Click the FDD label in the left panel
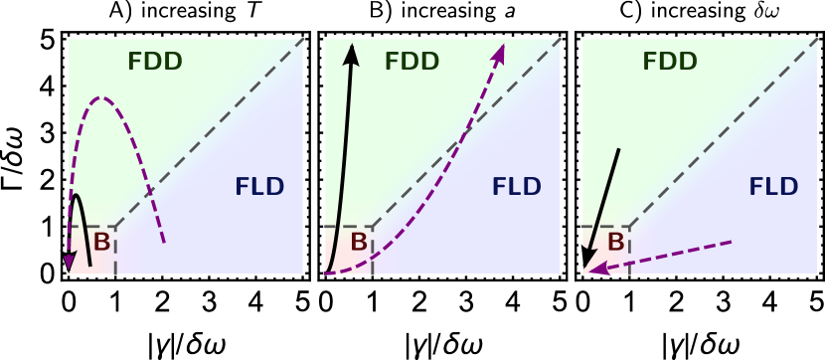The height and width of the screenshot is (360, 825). pyautogui.click(x=155, y=62)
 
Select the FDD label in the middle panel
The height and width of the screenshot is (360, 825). pyautogui.click(x=412, y=62)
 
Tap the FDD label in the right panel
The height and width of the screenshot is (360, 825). pyautogui.click(x=669, y=62)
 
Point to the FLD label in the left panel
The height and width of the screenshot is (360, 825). pyautogui.click(x=259, y=187)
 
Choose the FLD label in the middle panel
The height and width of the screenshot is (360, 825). pyautogui.click(x=517, y=187)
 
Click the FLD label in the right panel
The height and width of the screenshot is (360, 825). pyautogui.click(x=773, y=187)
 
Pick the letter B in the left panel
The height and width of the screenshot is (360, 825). pyautogui.click(x=101, y=243)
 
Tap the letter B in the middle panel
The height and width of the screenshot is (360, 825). pyautogui.click(x=359, y=243)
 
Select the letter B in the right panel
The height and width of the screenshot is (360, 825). pyautogui.click(x=615, y=243)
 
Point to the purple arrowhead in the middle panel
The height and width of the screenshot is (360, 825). pyautogui.click(x=499, y=53)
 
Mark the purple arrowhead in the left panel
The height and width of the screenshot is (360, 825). pyautogui.click(x=70, y=262)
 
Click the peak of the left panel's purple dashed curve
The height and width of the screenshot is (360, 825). pyautogui.click(x=99, y=97)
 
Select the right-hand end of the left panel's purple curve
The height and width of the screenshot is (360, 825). pyautogui.click(x=164, y=242)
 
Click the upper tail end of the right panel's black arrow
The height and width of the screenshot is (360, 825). pyautogui.click(x=618, y=149)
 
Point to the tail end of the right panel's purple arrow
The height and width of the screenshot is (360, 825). pyautogui.click(x=732, y=242)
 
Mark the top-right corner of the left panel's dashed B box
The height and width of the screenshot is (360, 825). pyautogui.click(x=115, y=227)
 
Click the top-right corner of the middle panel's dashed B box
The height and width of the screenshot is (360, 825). pyautogui.click(x=372, y=227)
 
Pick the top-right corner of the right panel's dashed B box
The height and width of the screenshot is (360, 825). pyautogui.click(x=629, y=227)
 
